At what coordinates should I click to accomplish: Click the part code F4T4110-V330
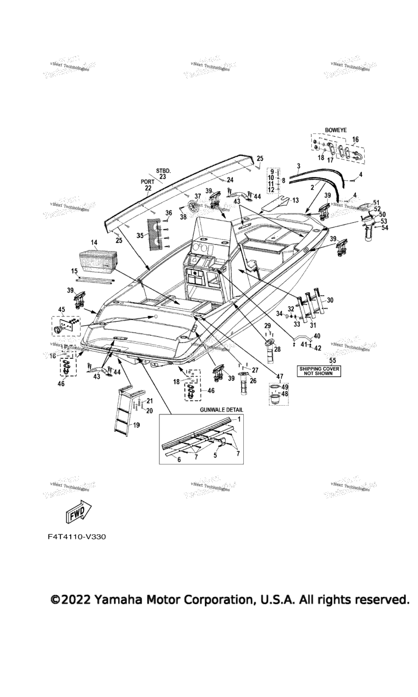coord(77,536)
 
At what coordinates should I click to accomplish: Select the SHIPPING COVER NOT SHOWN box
coord(318,371)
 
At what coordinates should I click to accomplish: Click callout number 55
coord(333,360)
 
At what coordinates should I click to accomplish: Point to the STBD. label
coord(163,170)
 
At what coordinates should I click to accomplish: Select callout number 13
coord(296,200)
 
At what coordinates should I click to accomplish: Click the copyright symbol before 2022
coord(55,600)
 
